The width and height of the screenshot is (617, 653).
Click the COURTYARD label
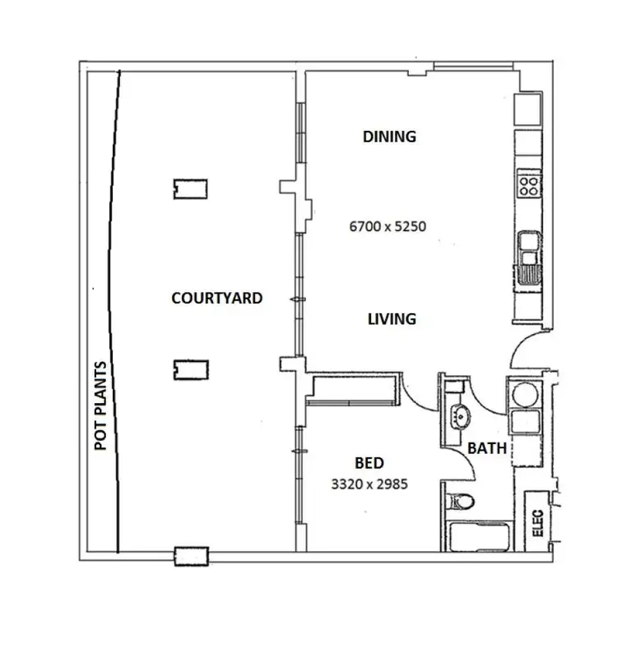(216, 298)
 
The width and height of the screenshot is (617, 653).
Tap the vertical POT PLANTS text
(101, 405)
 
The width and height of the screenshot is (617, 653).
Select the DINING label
(389, 137)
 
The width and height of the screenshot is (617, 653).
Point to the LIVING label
(392, 318)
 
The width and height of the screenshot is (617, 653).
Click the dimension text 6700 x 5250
(387, 226)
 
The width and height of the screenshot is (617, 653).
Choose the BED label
(369, 464)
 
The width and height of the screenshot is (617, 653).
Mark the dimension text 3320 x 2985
(369, 484)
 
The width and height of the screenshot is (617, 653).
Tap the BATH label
(486, 449)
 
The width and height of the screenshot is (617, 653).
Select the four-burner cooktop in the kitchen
(529, 184)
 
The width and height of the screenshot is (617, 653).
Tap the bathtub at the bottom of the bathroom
(480, 537)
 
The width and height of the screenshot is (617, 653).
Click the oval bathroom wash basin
(458, 416)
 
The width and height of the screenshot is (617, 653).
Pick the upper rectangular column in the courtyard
(190, 188)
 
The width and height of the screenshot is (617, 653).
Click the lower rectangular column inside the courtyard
(190, 370)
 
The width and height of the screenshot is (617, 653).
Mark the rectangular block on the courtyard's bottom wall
(192, 557)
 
